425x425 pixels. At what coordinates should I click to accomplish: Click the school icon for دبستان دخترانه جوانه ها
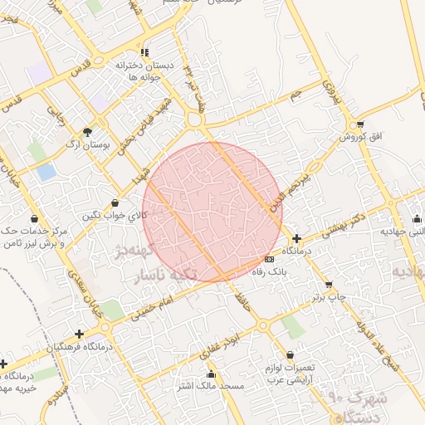click(144, 51)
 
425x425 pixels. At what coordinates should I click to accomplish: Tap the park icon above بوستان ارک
click(88, 131)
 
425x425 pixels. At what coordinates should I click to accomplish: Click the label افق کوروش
click(352, 136)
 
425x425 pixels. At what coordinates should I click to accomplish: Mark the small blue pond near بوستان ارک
click(47, 172)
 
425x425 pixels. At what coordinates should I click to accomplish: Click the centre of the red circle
click(212, 212)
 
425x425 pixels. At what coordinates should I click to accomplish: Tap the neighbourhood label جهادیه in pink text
click(408, 272)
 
